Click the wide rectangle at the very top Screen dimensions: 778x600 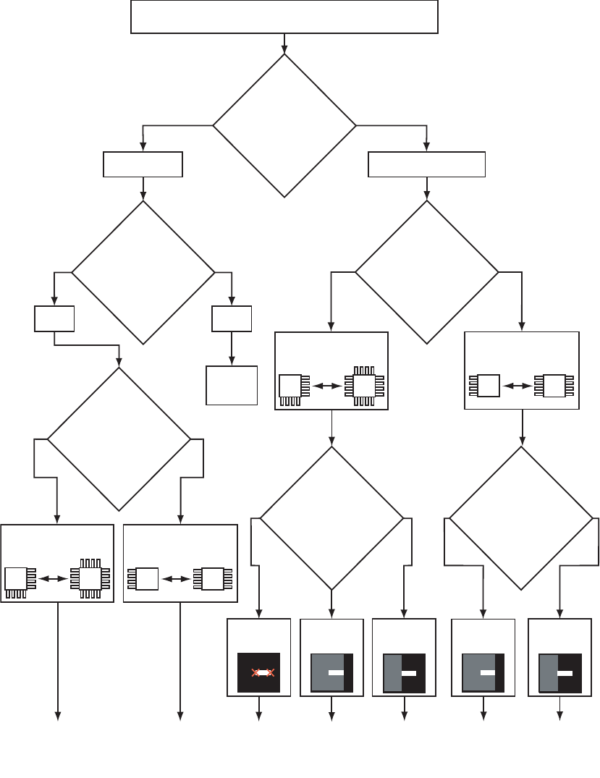pos(284,17)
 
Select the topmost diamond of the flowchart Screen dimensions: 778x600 pos(284,125)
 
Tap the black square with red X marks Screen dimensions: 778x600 pos(259,672)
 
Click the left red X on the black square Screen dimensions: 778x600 pos(255,673)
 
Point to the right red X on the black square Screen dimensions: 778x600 pos(271,673)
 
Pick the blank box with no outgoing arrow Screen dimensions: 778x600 pos(232,385)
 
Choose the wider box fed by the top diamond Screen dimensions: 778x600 pos(426,165)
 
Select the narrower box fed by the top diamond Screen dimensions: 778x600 pos(143,165)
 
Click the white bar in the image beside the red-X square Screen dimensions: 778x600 pos(337,672)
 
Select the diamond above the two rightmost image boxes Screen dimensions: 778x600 pos(521,517)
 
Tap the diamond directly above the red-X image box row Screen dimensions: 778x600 pos(331,517)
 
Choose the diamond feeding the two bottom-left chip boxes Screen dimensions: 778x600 pos(119,439)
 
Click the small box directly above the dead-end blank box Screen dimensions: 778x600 pos(232,318)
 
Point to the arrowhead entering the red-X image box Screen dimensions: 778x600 pos(259,615)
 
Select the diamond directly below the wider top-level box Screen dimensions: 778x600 pos(427,272)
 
